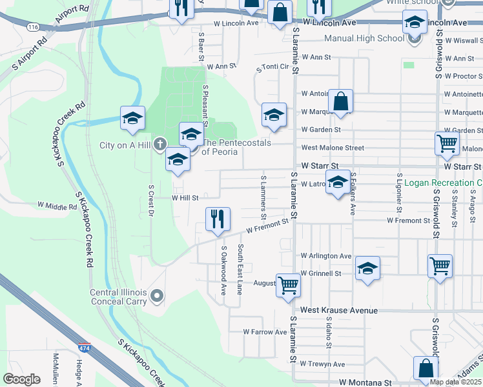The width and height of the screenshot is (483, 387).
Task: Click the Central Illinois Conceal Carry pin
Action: (156, 297)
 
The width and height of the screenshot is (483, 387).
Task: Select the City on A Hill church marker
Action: (161, 144)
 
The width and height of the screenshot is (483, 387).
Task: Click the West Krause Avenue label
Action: (339, 310)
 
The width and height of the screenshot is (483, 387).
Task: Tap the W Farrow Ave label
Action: (265, 332)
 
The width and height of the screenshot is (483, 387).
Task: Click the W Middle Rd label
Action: (57, 206)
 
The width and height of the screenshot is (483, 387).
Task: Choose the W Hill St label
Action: (185, 198)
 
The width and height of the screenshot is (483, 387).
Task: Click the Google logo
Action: (22, 379)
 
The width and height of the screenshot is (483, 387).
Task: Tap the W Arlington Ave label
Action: (325, 256)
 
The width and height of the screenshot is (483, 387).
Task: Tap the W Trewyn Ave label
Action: (322, 364)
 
